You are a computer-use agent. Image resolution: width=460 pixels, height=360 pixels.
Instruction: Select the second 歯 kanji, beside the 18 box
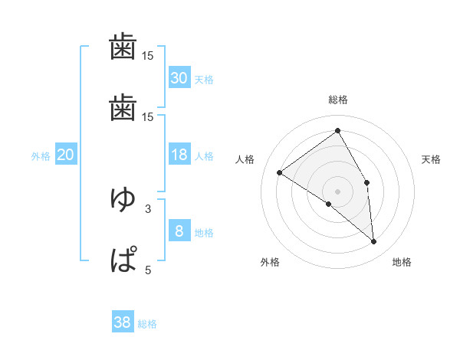123,110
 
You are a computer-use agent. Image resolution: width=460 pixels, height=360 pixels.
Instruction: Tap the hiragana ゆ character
123,199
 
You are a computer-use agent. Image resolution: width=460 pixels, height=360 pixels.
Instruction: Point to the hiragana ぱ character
123,259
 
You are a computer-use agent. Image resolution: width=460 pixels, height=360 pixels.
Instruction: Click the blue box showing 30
179,77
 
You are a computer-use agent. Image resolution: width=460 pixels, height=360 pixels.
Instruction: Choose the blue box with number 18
179,155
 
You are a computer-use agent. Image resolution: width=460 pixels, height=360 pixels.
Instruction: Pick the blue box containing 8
179,231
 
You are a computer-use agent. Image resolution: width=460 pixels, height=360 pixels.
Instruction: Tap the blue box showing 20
66,155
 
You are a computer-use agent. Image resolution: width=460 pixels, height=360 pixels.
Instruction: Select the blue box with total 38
123,322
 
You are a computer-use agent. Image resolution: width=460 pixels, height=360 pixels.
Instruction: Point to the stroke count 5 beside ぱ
147,270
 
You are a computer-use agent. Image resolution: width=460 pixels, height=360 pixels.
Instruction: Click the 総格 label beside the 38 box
147,324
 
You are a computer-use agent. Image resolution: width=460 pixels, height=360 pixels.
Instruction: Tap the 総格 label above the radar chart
338,100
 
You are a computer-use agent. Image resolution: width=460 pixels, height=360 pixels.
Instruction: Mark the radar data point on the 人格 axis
279,173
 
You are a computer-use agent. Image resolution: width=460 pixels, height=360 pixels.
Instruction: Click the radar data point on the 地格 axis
373,242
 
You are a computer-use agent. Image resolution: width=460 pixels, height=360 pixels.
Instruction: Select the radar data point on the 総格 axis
338,130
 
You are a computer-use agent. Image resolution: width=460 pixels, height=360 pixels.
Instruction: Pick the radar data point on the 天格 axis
367,182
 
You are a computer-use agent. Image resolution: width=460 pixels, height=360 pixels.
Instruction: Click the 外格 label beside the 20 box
41,156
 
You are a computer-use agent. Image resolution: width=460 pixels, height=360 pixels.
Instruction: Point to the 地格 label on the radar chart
402,262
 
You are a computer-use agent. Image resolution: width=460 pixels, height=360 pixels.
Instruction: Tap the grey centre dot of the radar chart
338,190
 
